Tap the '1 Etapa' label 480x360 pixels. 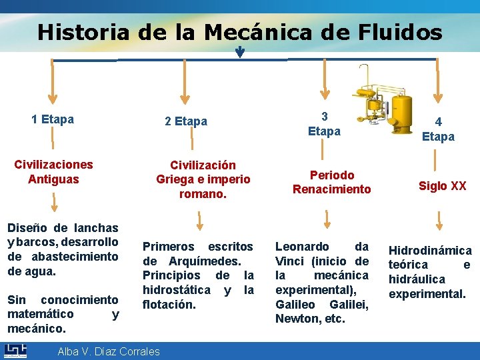pyautogui.click(x=53, y=120)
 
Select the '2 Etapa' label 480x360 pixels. pyautogui.click(x=186, y=121)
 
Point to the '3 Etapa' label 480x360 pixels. pyautogui.click(x=324, y=123)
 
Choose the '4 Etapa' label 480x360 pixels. pyautogui.click(x=438, y=129)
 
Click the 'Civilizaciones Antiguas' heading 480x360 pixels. pyautogui.click(x=53, y=171)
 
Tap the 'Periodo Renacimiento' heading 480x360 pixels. pyautogui.click(x=331, y=182)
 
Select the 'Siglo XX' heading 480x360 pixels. pyautogui.click(x=442, y=186)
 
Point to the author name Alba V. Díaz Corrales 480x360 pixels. pyautogui.click(x=109, y=351)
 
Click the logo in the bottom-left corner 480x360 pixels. pyautogui.click(x=15, y=351)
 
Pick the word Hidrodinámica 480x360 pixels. pyautogui.click(x=430, y=251)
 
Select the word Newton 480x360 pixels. pyautogui.click(x=293, y=319)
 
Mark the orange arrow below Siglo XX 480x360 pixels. pyautogui.click(x=439, y=220)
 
